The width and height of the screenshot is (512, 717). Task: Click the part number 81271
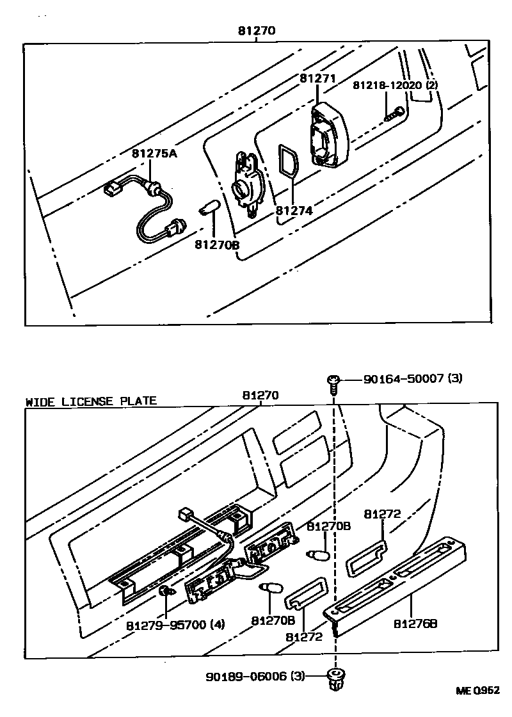[317, 78]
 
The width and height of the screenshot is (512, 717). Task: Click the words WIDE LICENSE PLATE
[91, 401]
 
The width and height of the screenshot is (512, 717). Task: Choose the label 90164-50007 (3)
[412, 379]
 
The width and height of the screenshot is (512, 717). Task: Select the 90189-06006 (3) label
[255, 676]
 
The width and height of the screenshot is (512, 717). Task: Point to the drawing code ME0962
[477, 690]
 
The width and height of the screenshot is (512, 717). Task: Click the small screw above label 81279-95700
[165, 592]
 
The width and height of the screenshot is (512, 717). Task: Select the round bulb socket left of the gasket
[246, 186]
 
